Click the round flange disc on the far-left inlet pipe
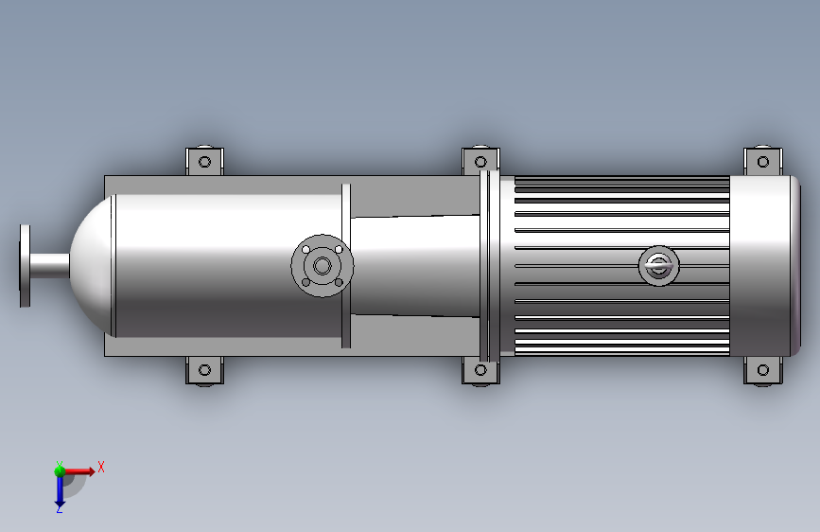pyautogui.click(x=25, y=265)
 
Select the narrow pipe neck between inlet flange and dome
pyautogui.click(x=49, y=265)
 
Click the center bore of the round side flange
pyautogui.click(x=322, y=266)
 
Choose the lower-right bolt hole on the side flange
pyautogui.click(x=338, y=281)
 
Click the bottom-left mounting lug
pyautogui.click(x=203, y=371)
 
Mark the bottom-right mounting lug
pyautogui.click(x=763, y=371)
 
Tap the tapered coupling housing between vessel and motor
pyautogui.click(x=416, y=265)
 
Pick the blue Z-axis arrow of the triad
pyautogui.click(x=59, y=490)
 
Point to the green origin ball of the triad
pyautogui.click(x=59, y=469)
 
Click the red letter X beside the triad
pyautogui.click(x=100, y=467)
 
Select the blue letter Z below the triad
pyautogui.click(x=59, y=509)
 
